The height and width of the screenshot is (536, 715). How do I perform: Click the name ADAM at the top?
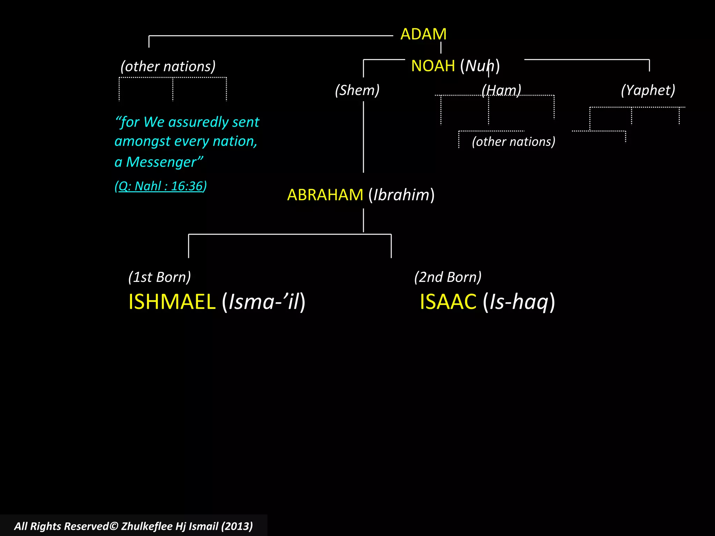(423, 34)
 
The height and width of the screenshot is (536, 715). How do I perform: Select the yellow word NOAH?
(433, 66)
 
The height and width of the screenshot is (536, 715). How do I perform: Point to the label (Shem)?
(357, 90)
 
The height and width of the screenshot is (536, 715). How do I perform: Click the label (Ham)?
(501, 90)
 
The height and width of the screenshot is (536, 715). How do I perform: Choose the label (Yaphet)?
(648, 90)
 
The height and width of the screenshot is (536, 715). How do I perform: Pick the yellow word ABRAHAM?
(325, 195)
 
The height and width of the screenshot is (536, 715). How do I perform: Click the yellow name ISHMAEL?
(172, 302)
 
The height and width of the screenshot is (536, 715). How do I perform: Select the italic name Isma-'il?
(264, 302)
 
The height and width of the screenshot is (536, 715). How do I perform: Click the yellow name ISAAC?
(448, 302)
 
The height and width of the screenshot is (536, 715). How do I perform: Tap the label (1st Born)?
(160, 277)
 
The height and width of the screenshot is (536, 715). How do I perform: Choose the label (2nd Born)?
(448, 277)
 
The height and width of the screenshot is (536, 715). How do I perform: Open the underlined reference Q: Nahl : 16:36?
(161, 186)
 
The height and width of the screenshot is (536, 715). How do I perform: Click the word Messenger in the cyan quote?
(161, 162)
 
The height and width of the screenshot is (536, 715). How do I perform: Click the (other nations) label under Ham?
(514, 142)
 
